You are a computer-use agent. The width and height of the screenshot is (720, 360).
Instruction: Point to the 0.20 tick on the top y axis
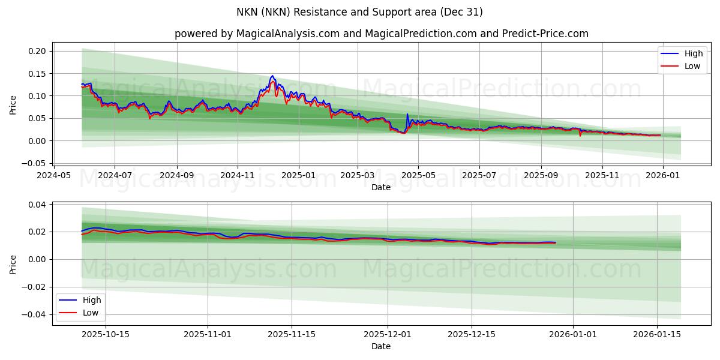pos(37,51)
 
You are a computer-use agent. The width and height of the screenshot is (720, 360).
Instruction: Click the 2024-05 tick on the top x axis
pos(55,175)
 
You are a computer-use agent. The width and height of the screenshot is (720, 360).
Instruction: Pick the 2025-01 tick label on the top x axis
pos(298,175)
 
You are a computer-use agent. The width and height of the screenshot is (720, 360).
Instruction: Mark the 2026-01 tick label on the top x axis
pos(662,175)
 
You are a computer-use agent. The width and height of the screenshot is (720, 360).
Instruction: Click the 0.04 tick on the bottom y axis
pos(37,205)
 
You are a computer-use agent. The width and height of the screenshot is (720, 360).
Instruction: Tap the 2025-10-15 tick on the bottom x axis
pos(106,334)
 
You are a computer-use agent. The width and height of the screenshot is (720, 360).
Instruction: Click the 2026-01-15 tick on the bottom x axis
pos(658,334)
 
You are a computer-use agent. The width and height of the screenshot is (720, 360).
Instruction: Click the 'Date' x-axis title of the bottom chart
pos(381,346)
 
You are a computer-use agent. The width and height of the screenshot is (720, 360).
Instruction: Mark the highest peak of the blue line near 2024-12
pos(272,76)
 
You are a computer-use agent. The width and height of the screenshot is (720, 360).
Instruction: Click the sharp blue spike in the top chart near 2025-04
pos(407,114)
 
